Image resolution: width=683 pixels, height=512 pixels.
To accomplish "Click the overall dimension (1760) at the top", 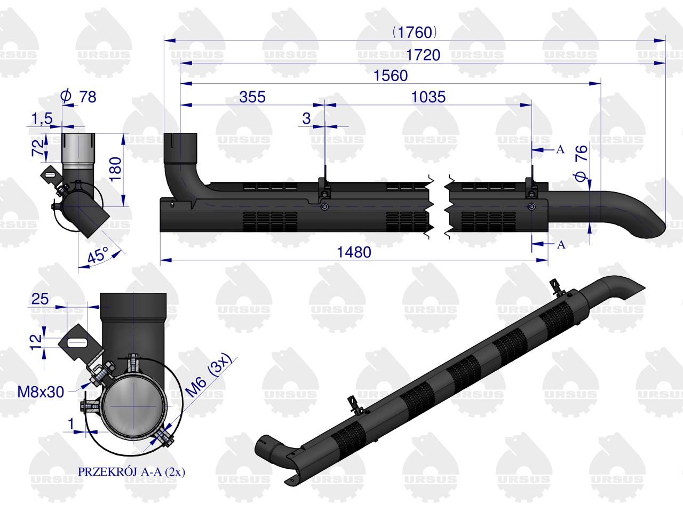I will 415,33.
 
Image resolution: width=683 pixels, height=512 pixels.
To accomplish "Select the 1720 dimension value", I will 423,54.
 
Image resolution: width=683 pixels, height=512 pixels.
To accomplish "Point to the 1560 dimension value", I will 391,76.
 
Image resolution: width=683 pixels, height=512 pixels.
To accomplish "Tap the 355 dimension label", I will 251,97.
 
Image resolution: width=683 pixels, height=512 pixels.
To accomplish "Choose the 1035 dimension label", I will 428,97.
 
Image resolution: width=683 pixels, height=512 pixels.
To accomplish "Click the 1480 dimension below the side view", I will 354,252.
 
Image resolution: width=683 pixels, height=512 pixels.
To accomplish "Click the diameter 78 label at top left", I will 79,97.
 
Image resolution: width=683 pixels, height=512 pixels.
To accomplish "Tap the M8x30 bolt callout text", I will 41,392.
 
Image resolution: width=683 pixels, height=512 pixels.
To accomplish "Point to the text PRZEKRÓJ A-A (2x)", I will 131,471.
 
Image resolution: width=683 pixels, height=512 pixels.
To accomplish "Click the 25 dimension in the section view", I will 40,299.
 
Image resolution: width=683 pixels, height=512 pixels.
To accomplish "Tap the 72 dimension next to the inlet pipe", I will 36,148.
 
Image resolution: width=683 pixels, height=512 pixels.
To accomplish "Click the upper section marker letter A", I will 560,150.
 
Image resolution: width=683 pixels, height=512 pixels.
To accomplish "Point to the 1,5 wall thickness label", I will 42,119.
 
